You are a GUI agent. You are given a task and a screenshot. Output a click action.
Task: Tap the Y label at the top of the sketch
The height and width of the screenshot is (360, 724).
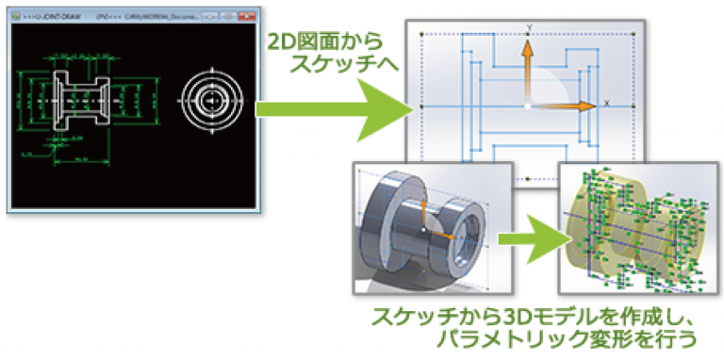tap(529, 27)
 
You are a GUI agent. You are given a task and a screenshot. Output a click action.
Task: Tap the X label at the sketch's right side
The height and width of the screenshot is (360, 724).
tap(606, 101)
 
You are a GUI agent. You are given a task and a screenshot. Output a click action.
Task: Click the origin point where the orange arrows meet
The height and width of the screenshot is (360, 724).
tap(528, 106)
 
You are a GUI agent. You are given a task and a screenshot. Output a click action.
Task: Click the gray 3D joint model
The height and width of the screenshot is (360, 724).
tap(420, 226)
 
